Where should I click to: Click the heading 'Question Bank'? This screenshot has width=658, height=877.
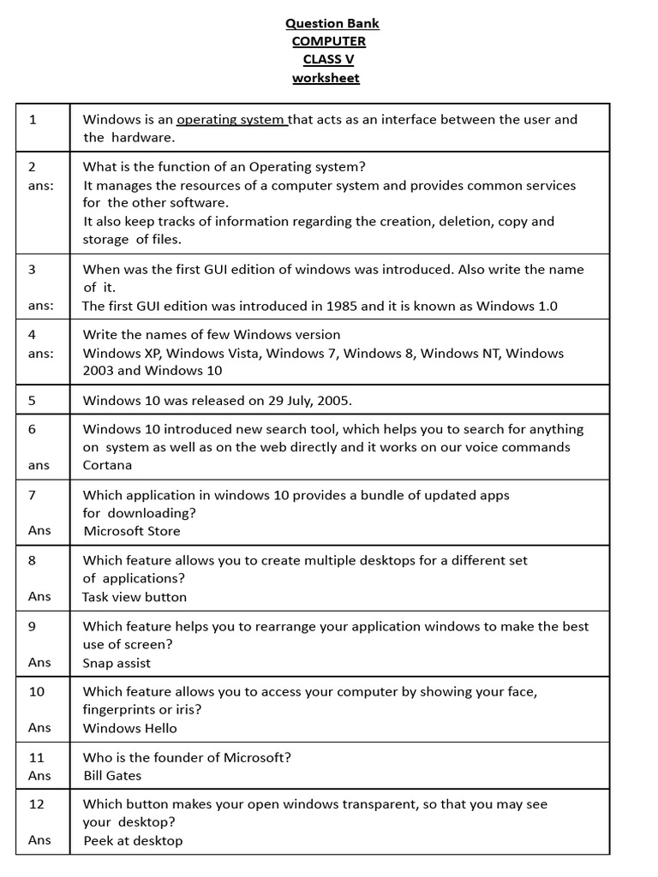pyautogui.click(x=332, y=23)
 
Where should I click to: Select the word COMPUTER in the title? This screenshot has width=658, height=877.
pyautogui.click(x=328, y=41)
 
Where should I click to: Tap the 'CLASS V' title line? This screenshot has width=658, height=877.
pyautogui.click(x=328, y=59)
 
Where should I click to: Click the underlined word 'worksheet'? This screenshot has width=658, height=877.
pyautogui.click(x=326, y=78)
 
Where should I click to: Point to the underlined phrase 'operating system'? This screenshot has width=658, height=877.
pyautogui.click(x=232, y=119)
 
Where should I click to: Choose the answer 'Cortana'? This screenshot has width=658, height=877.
pyautogui.click(x=107, y=465)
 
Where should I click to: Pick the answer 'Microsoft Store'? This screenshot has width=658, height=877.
pyautogui.click(x=132, y=531)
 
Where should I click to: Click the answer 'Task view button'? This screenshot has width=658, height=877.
pyautogui.click(x=135, y=597)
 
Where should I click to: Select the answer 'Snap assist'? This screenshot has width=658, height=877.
pyautogui.click(x=117, y=663)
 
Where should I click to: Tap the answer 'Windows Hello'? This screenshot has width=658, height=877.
pyautogui.click(x=130, y=728)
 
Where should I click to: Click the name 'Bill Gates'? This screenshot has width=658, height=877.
pyautogui.click(x=112, y=775)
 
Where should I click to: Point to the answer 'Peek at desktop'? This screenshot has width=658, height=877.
pyautogui.click(x=133, y=840)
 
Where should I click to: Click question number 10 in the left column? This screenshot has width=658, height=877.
pyautogui.click(x=37, y=691)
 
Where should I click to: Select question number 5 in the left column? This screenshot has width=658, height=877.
pyautogui.click(x=33, y=400)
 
